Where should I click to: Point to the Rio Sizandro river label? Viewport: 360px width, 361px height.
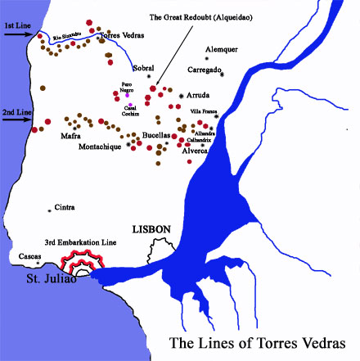pyautogui.click(x=68, y=36)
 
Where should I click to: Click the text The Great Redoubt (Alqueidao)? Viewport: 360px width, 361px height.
pyautogui.click(x=214, y=16)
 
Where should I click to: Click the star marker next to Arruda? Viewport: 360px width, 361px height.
pyautogui.click(x=181, y=97)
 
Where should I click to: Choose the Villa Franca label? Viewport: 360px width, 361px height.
pyautogui.click(x=205, y=111)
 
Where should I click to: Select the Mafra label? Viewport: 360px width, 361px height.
pyautogui.click(x=70, y=136)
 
